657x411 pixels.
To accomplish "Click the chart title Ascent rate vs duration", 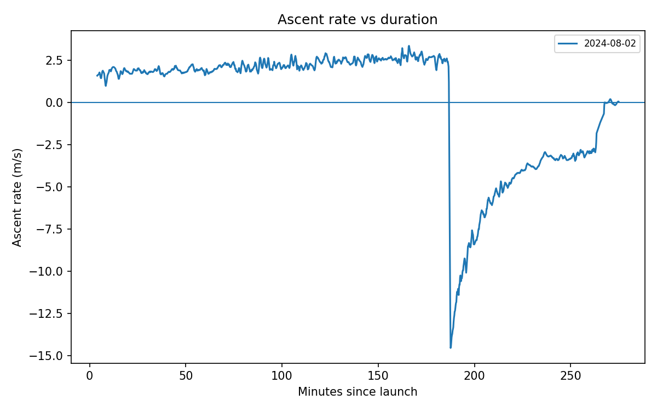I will click(x=358, y=20).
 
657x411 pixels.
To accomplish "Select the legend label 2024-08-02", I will click(x=610, y=44).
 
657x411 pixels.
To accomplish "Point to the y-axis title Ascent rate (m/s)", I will click(x=18, y=197).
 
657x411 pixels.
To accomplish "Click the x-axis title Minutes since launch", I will click(x=358, y=392).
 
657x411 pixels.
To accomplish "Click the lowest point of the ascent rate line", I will click(x=451, y=347).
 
